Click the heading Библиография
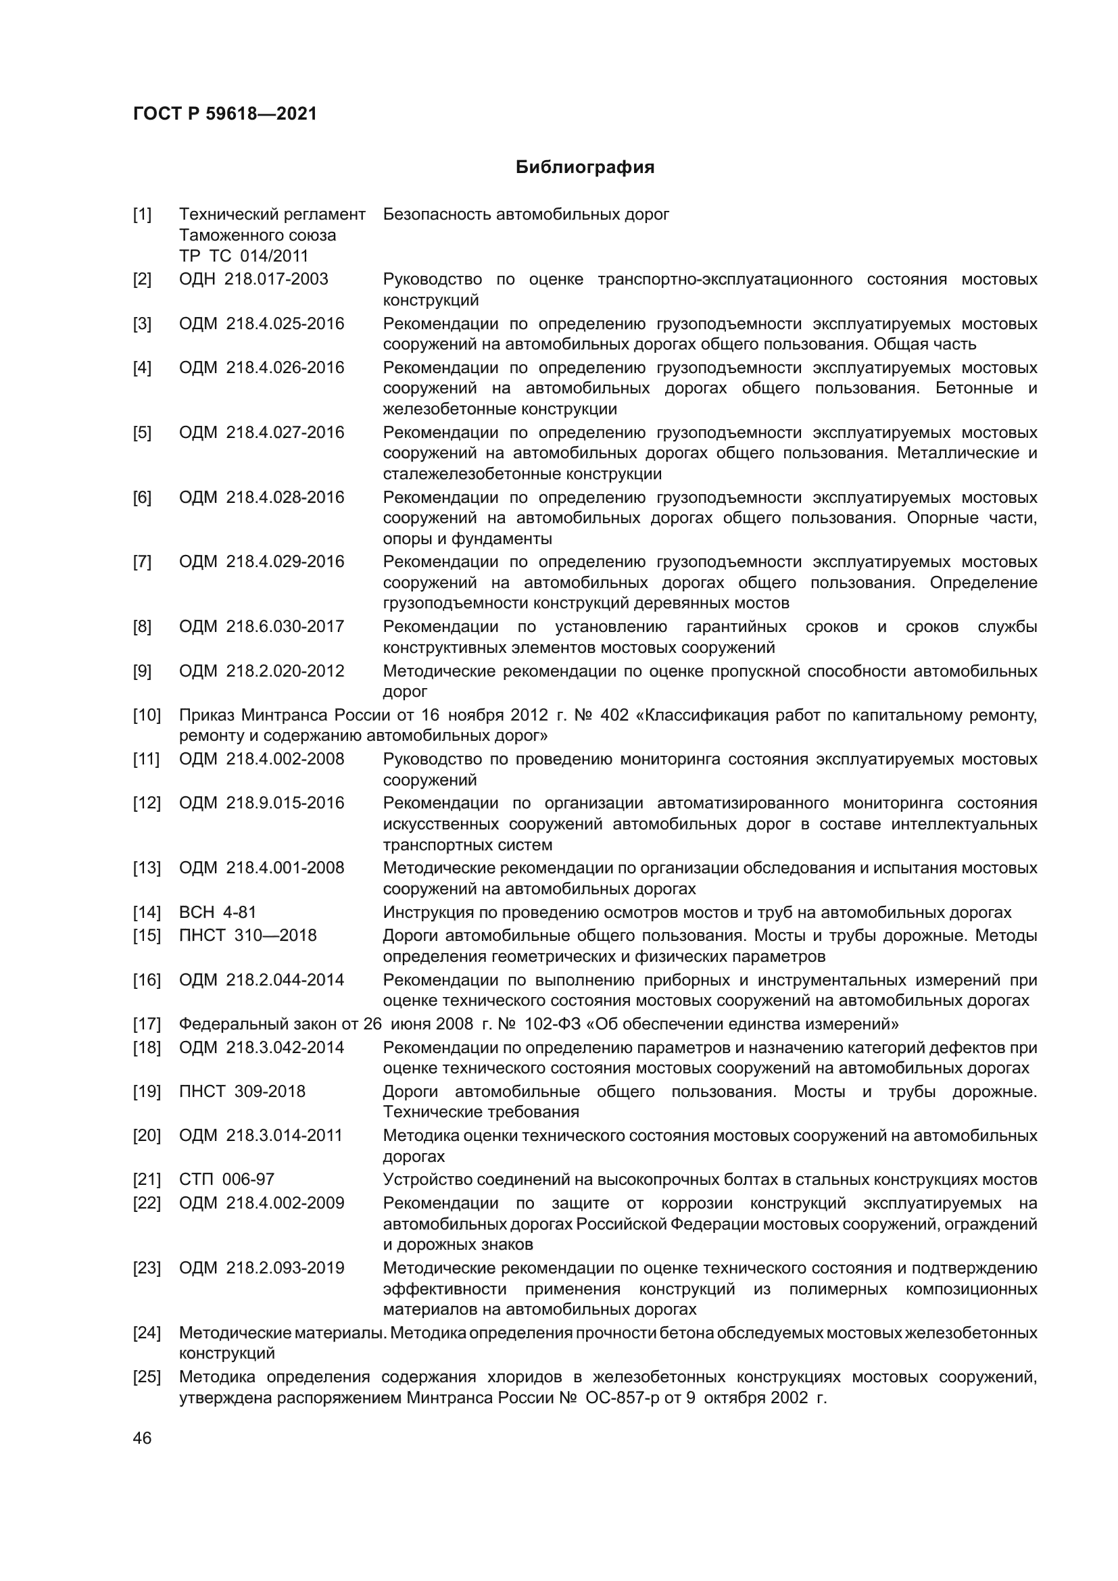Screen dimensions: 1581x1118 (585, 168)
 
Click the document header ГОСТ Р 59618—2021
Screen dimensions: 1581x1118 (225, 114)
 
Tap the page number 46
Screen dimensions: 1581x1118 (142, 1438)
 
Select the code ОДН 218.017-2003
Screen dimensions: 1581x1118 (253, 279)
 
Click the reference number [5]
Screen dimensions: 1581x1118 (142, 433)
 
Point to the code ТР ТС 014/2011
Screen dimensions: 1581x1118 (244, 256)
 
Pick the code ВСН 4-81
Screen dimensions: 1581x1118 (218, 913)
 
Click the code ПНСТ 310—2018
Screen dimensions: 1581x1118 (248, 935)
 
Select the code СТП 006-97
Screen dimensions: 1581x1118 (226, 1179)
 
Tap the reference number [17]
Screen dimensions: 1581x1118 (146, 1024)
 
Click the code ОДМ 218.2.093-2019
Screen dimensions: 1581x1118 (262, 1267)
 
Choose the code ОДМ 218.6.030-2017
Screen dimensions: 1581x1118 (262, 627)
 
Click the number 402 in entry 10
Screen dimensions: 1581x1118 (614, 714)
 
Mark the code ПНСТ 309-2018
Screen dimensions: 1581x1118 (243, 1092)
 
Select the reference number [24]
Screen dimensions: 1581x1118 (146, 1333)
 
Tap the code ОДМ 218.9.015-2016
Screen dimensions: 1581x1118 (262, 803)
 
